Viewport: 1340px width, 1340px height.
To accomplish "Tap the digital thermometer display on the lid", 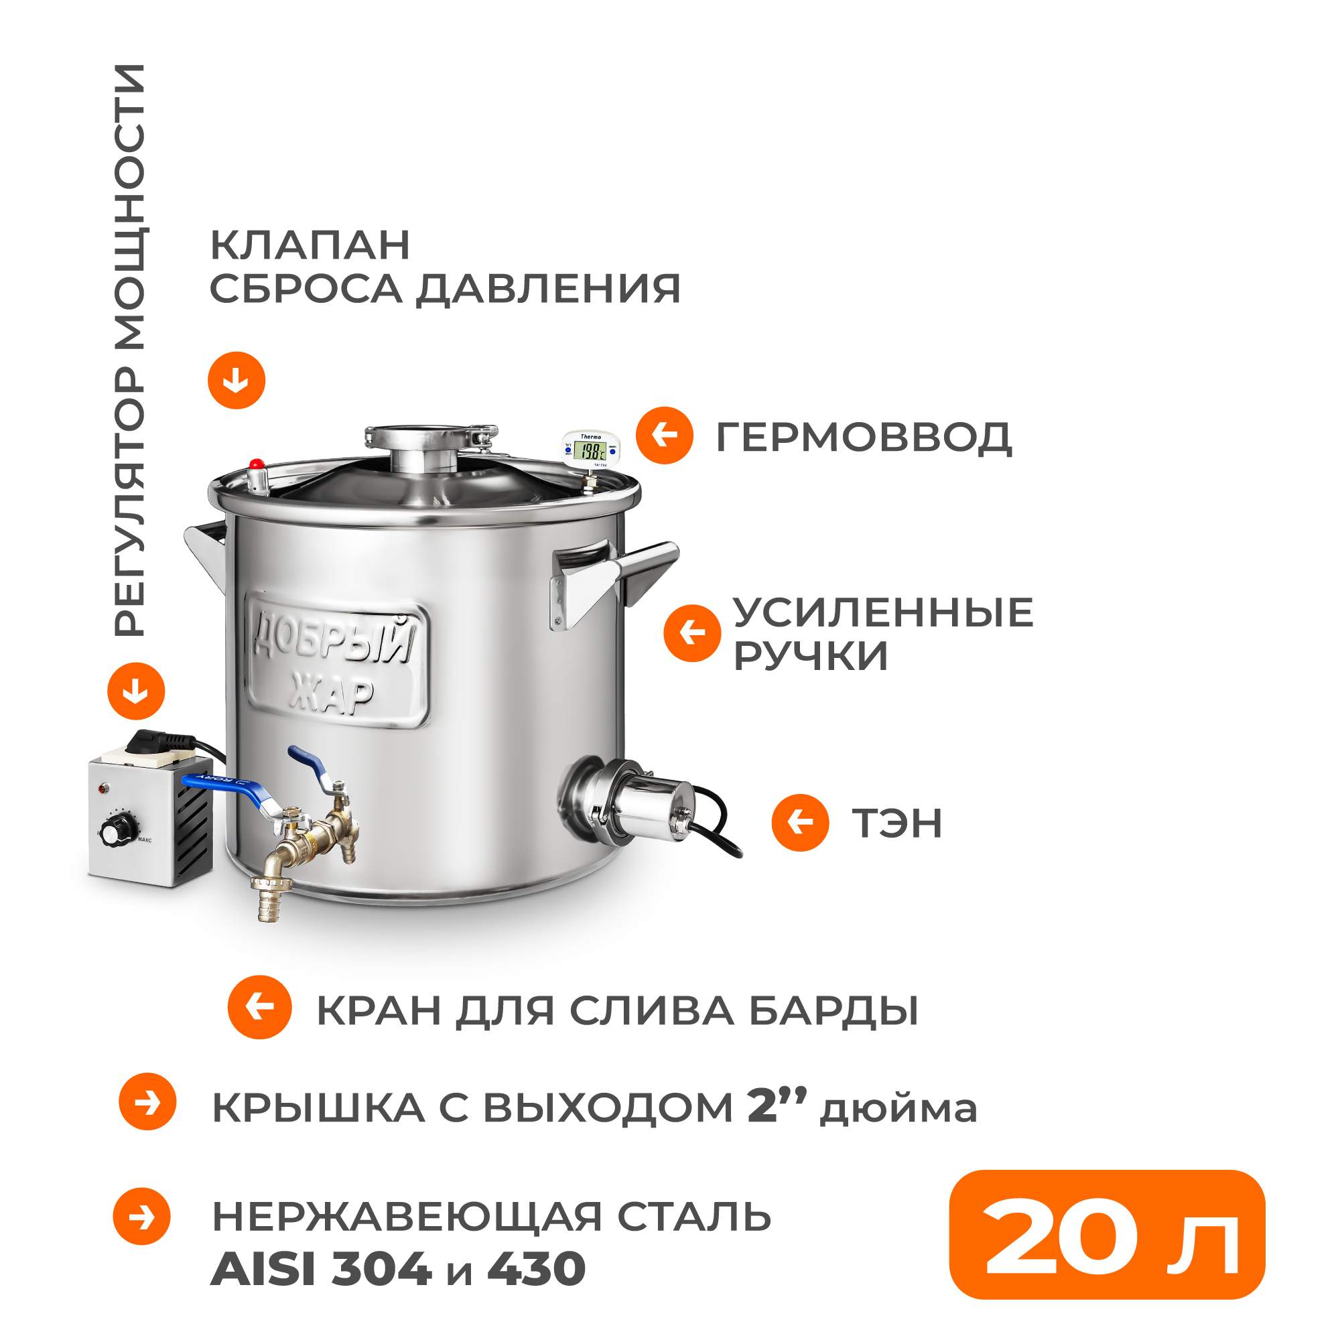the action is pos(591,452).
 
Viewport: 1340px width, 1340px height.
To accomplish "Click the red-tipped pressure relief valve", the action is pos(257,475).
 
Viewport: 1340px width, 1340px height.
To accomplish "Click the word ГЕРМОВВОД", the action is pos(864,437).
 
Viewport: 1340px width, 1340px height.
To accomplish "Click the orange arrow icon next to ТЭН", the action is pos(801,823).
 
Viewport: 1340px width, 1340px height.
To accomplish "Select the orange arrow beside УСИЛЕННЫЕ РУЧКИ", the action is pos(691,632).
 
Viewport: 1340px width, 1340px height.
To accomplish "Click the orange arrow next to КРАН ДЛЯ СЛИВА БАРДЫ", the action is pos(259,1007).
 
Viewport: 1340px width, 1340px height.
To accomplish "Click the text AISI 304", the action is pos(321,1268).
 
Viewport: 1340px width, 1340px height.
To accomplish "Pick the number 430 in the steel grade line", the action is pos(537,1268).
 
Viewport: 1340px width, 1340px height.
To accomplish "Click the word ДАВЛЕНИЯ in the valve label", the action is pos(548,289).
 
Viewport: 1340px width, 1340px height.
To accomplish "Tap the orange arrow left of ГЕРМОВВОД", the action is pos(665,435).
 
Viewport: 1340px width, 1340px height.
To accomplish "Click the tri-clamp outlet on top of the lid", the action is pos(431,444).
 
